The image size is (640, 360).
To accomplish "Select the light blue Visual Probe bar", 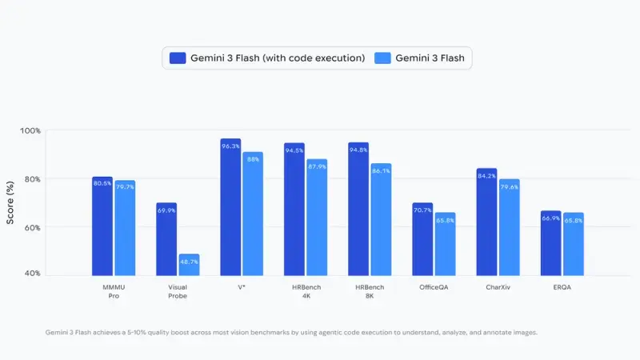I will pos(188,265).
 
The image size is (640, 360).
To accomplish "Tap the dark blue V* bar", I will pos(230,208).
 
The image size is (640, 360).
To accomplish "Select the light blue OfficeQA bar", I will pos(444,244).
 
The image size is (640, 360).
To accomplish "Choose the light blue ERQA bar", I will pos(572,244).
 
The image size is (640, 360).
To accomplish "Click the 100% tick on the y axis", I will pos(30,130).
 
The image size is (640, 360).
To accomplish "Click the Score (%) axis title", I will pos(10,202).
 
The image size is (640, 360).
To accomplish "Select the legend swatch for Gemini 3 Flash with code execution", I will pos(178,58).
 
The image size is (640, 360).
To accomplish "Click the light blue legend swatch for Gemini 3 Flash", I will pos(382,58).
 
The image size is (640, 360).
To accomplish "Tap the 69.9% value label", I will pos(166,210).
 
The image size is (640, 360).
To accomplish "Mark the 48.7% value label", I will pos(188,262).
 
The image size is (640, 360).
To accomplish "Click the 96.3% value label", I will pos(230,146).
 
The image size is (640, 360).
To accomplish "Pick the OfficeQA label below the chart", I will pos(433,286).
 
